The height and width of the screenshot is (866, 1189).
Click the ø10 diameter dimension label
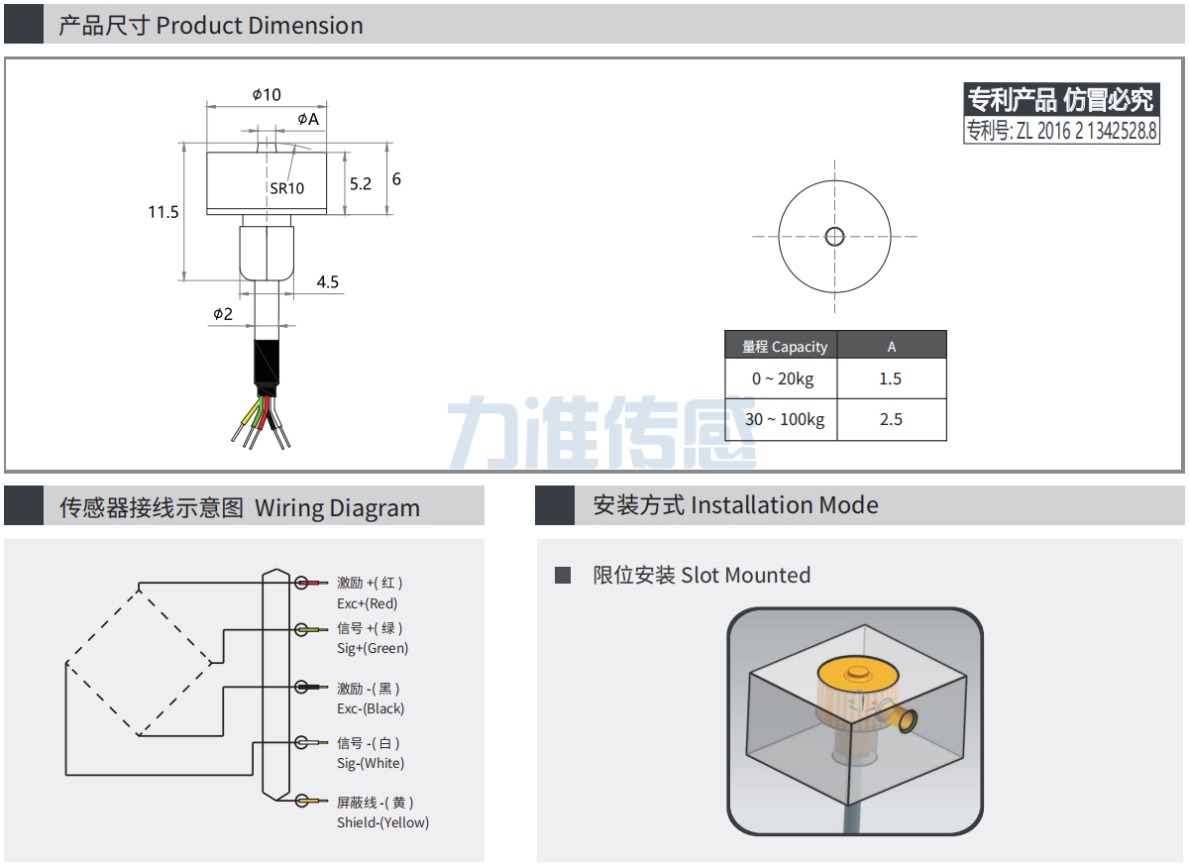click(x=267, y=95)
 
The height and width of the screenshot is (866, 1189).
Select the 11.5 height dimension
click(x=163, y=211)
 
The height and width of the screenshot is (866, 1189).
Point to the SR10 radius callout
click(x=286, y=187)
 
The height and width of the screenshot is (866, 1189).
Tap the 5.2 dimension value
click(x=361, y=183)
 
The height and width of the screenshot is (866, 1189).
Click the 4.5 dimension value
click(x=328, y=282)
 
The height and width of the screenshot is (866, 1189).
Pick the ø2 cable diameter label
click(x=222, y=313)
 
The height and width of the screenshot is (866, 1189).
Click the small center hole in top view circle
click(x=834, y=236)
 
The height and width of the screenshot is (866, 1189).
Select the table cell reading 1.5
click(x=891, y=379)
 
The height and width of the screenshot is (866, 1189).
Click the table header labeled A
click(x=891, y=346)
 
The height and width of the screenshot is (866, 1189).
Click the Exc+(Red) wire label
click(x=367, y=603)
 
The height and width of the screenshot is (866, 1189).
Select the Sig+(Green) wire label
click(x=373, y=648)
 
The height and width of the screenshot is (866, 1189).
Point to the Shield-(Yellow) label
click(x=382, y=822)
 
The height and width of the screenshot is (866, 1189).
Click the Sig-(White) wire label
click(x=371, y=763)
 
